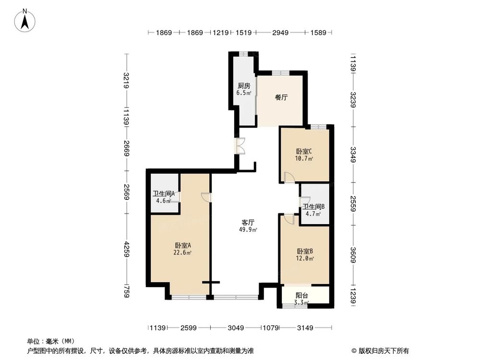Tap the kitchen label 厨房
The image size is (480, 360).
coord(243,86)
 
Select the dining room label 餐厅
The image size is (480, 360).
coord(281,97)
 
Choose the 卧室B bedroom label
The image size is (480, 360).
coord(305,251)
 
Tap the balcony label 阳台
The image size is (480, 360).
coord(301,296)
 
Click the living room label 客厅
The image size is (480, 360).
coord(248,223)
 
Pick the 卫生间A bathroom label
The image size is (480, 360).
coord(163,194)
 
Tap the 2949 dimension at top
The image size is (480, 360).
coord(280,33)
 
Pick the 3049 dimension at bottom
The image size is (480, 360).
coord(236,328)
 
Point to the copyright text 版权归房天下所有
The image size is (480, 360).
coord(384,351)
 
